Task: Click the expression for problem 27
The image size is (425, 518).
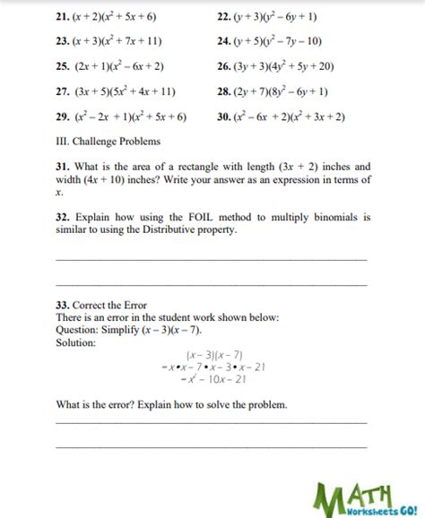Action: point(126,91)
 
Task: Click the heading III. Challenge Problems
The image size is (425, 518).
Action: point(108,142)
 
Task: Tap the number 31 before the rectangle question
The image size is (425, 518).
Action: point(65,167)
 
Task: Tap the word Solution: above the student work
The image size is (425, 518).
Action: point(75,343)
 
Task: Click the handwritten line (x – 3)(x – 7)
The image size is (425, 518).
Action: point(214,356)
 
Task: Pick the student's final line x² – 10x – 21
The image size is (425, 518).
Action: point(214,379)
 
